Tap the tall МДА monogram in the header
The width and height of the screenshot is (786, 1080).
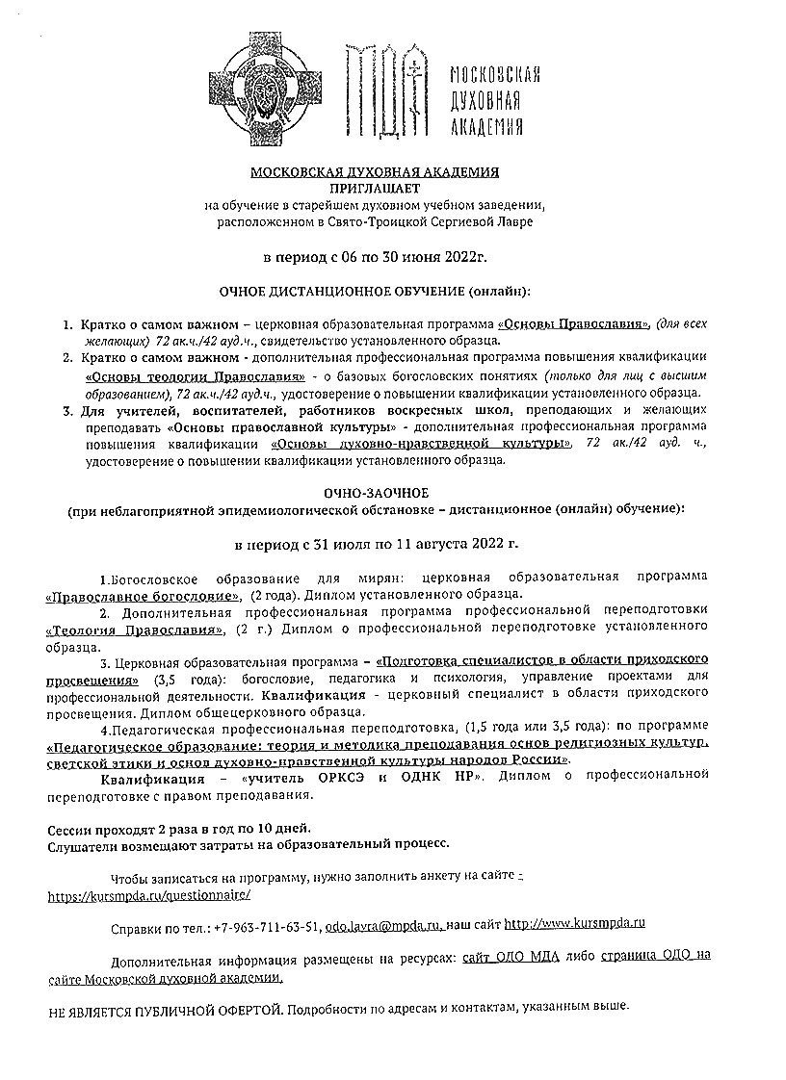[x=386, y=90]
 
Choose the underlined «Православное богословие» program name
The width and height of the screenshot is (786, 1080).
[x=144, y=595]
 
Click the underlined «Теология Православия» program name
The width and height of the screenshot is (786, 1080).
[x=136, y=630]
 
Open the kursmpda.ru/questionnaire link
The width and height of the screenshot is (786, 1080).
[x=150, y=895]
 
